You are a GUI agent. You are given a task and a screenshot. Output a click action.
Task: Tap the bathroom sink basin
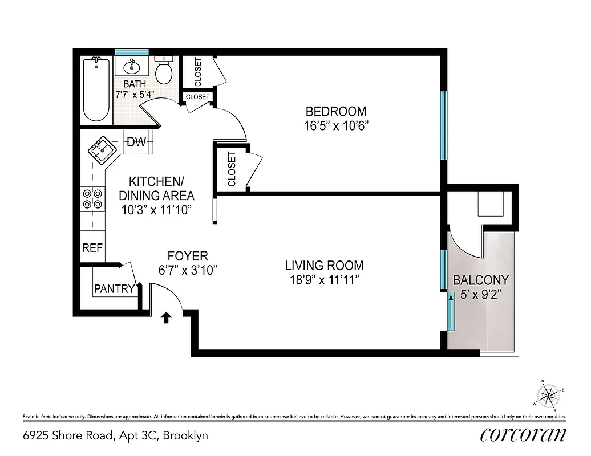132,66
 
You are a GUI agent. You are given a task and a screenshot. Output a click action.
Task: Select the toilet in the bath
164,70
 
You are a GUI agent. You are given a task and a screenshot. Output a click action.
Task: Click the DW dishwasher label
136,142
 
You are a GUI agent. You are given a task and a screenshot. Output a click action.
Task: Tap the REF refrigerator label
92,248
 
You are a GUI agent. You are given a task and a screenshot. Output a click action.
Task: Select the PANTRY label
114,289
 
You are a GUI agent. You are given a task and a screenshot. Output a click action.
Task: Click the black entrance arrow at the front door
167,317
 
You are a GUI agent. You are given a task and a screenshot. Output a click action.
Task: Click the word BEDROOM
335,111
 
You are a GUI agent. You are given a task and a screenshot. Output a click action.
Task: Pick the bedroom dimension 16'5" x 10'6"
335,125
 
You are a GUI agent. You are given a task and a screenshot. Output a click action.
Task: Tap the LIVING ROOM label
324,266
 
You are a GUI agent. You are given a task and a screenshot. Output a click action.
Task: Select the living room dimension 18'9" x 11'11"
324,280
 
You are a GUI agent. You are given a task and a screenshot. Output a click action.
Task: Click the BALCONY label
480,280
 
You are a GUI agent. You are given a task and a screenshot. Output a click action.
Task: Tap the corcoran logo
524,435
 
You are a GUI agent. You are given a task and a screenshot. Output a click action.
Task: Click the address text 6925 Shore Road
67,436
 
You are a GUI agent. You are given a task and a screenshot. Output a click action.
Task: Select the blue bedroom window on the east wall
443,125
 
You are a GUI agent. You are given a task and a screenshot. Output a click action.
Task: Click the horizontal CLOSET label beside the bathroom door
198,97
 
